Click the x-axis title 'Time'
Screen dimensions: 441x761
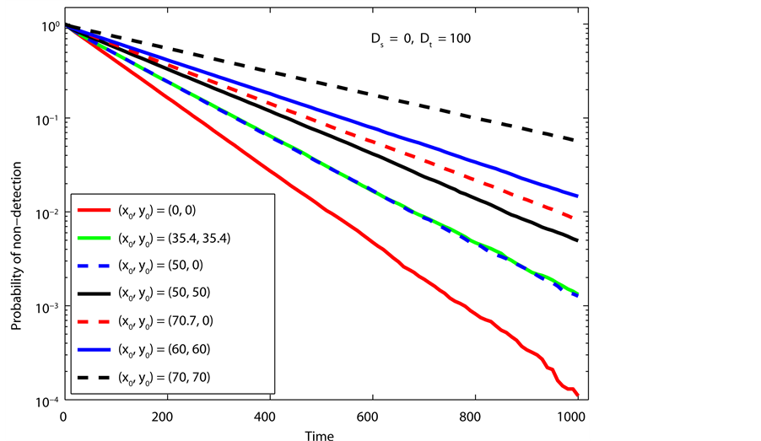tap(320, 433)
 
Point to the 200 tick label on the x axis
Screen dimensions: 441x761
tap(166, 416)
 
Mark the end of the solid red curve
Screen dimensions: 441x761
tap(578, 396)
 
